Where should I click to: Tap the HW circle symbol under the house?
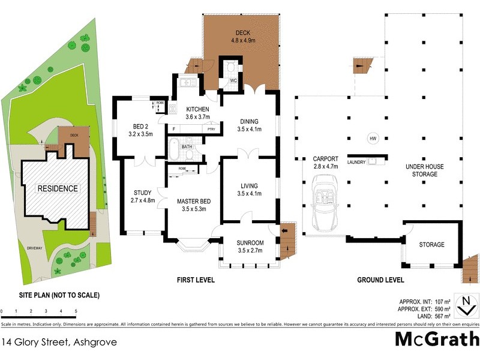(373, 139)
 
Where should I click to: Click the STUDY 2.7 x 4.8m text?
(143, 196)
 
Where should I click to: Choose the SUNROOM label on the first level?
(250, 247)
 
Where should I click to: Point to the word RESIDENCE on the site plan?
(58, 188)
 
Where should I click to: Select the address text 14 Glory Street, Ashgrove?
(59, 343)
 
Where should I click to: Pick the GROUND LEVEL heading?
(380, 280)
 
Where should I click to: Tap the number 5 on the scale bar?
(76, 311)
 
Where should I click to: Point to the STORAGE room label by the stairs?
(431, 245)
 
